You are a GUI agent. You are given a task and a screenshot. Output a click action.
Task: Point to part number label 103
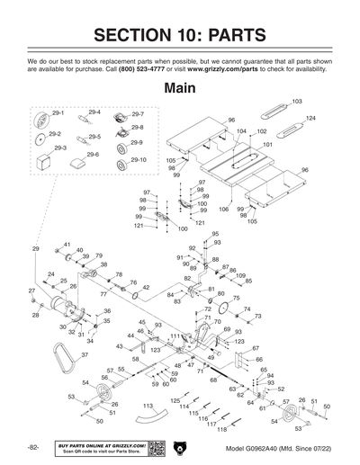297,102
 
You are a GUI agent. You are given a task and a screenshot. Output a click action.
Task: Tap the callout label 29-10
139,159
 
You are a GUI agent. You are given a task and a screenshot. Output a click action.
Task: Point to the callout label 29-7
137,114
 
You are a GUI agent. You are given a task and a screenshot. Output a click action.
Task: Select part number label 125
175,400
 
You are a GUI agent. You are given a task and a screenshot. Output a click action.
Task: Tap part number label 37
59,355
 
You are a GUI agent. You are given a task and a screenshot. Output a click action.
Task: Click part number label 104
242,131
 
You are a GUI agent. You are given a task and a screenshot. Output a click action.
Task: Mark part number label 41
67,244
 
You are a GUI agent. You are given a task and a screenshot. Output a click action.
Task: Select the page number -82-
32,447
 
